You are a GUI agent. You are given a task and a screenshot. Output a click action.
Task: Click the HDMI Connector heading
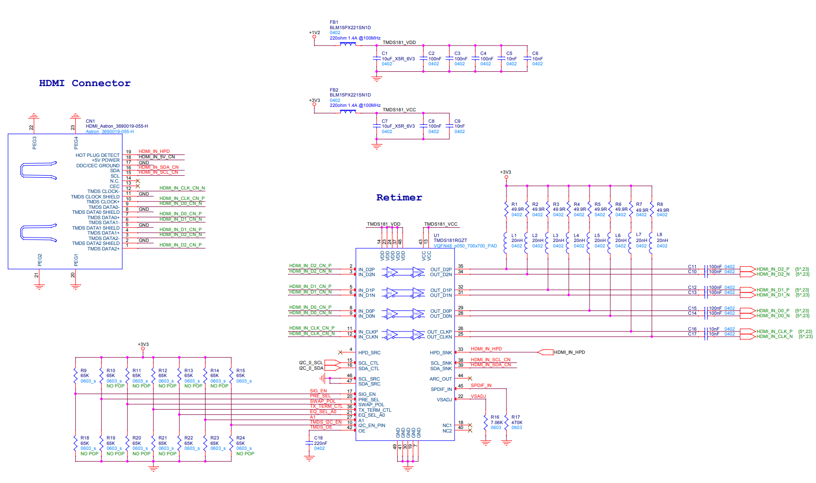[x=85, y=83]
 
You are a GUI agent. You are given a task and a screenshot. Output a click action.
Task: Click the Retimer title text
[x=399, y=197]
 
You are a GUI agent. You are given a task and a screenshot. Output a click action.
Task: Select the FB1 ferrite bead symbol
[x=348, y=44]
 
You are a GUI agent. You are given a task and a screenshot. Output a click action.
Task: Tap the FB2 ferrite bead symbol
[x=348, y=111]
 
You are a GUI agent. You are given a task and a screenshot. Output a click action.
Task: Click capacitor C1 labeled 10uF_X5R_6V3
[x=377, y=58]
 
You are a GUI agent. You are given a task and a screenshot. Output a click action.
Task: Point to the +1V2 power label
[x=315, y=33]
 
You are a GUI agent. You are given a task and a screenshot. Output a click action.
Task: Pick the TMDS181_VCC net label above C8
[x=399, y=110]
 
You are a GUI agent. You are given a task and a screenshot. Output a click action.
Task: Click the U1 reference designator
[x=437, y=236]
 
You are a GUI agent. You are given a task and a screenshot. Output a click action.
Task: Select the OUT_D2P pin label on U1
[x=441, y=270]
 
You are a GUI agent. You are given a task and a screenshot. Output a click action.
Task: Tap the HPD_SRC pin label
[x=369, y=353]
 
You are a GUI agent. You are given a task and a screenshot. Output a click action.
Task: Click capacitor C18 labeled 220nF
[x=310, y=443]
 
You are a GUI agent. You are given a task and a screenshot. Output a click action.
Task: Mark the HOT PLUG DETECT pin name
[x=97, y=155]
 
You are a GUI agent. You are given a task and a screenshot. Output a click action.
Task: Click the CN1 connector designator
[x=90, y=121]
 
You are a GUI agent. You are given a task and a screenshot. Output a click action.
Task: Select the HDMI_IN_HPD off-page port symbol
[x=545, y=352]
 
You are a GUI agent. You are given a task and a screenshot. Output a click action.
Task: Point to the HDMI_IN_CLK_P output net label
[x=774, y=332]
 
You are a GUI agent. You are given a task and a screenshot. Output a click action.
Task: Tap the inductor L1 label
[x=514, y=236]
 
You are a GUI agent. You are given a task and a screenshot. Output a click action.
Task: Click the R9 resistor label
[x=84, y=371]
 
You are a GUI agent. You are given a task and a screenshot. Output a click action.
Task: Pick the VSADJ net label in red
[x=478, y=396]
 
